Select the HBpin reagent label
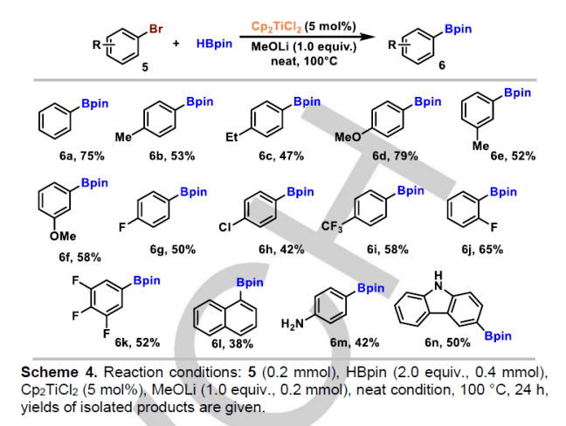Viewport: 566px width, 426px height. click(x=214, y=43)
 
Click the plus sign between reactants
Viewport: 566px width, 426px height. click(x=176, y=43)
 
